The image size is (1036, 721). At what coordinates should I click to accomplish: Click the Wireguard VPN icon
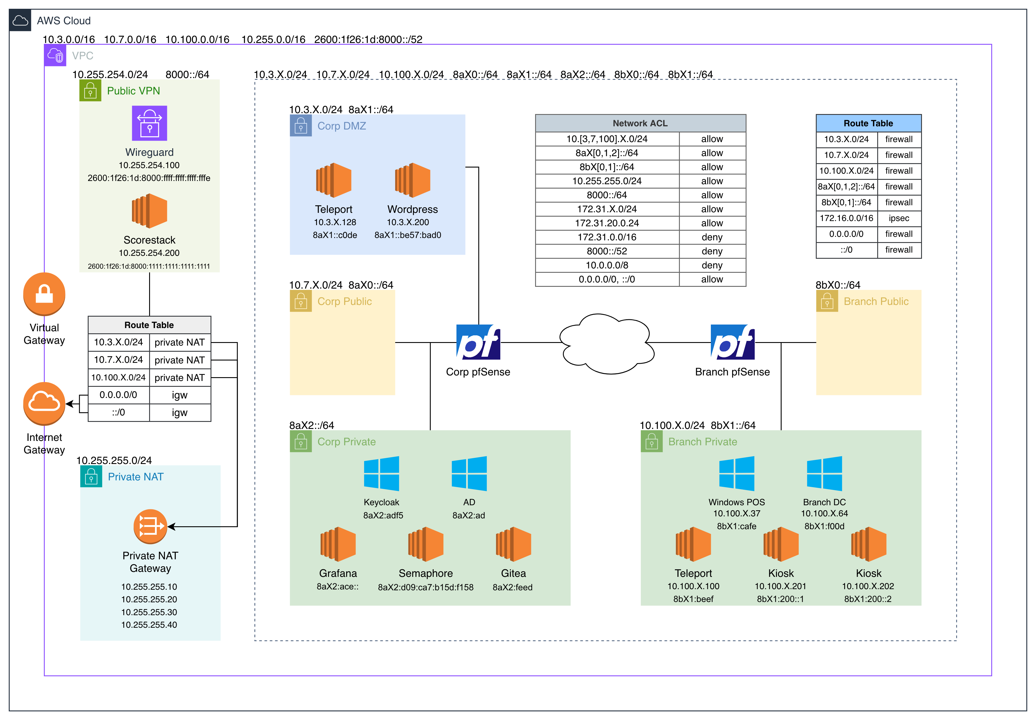coord(149,123)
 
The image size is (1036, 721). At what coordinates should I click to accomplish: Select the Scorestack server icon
coord(149,211)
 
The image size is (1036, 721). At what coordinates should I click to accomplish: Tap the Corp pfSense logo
coord(478,342)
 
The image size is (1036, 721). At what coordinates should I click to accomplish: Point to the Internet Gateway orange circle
coord(44,404)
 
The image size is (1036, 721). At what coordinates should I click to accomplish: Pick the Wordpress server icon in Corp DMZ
coord(412,180)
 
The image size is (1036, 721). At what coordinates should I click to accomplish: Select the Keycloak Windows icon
coord(381,473)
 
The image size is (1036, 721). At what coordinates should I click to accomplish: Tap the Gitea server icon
coord(513,544)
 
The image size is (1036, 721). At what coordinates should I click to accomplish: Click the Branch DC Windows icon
coord(824,473)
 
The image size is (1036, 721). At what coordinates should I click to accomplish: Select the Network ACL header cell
coord(640,123)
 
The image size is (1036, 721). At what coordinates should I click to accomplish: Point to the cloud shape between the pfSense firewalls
coord(606,344)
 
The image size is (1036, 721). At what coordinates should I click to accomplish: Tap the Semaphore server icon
coord(425,544)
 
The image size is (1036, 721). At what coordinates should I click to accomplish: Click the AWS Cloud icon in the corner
coord(20,20)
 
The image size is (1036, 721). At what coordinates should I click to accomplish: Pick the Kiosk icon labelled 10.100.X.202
coord(869,544)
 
